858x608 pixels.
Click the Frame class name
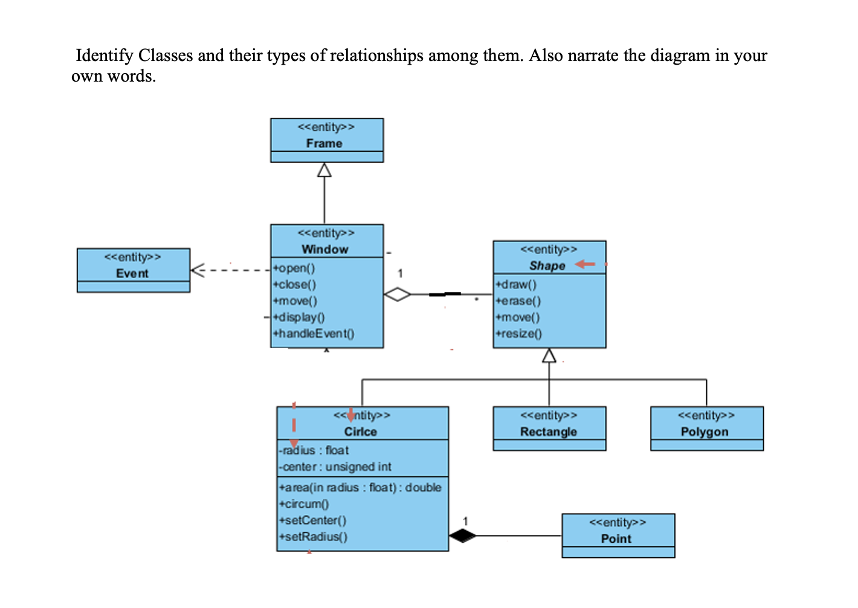click(x=324, y=143)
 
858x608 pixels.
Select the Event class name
click(x=132, y=273)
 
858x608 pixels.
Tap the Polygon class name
click(x=705, y=432)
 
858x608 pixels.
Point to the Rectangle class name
click(x=548, y=432)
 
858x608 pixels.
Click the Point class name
click(x=616, y=538)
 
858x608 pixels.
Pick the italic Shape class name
click(x=547, y=266)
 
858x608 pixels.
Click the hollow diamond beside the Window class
click(x=397, y=294)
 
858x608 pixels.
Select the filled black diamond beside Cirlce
click(x=462, y=535)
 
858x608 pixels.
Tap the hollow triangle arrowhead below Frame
click(x=324, y=170)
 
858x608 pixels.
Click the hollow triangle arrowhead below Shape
click(x=549, y=355)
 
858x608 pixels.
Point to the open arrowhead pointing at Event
click(x=197, y=270)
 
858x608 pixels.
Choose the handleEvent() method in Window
click(x=314, y=334)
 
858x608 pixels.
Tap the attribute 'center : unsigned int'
click(x=335, y=467)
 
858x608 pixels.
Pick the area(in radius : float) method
click(x=360, y=487)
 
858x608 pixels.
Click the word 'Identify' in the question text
click(x=104, y=56)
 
